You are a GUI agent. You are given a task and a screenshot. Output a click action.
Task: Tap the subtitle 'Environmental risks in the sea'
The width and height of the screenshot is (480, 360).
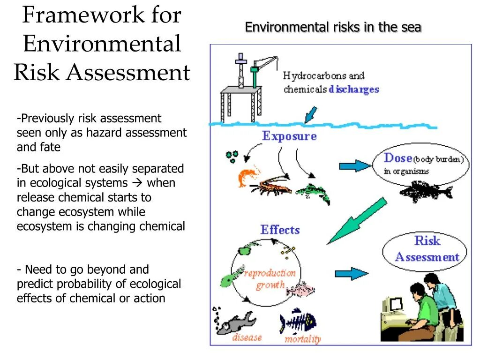point(333,28)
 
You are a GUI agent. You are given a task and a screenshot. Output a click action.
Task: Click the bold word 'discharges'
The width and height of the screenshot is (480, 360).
point(354,89)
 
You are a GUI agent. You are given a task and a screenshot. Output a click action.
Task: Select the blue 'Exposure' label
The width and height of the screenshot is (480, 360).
point(289,136)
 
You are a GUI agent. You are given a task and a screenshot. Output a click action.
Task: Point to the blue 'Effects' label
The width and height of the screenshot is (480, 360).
point(280,230)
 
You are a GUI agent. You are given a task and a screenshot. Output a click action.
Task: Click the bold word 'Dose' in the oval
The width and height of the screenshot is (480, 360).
point(398,158)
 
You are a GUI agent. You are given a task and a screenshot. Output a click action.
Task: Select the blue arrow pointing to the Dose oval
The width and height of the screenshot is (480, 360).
point(354,165)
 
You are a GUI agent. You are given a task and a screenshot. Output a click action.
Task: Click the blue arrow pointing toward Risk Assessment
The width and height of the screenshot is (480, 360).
point(351,274)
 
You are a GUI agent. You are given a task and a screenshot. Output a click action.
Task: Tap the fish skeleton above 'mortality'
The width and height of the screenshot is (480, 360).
point(298,321)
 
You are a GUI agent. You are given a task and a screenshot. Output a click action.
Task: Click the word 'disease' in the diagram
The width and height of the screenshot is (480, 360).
point(247,337)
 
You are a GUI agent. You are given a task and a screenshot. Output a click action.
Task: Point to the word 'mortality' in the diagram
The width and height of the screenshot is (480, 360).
point(302,339)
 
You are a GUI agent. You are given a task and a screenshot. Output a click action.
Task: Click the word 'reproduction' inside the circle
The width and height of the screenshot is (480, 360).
point(270,273)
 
